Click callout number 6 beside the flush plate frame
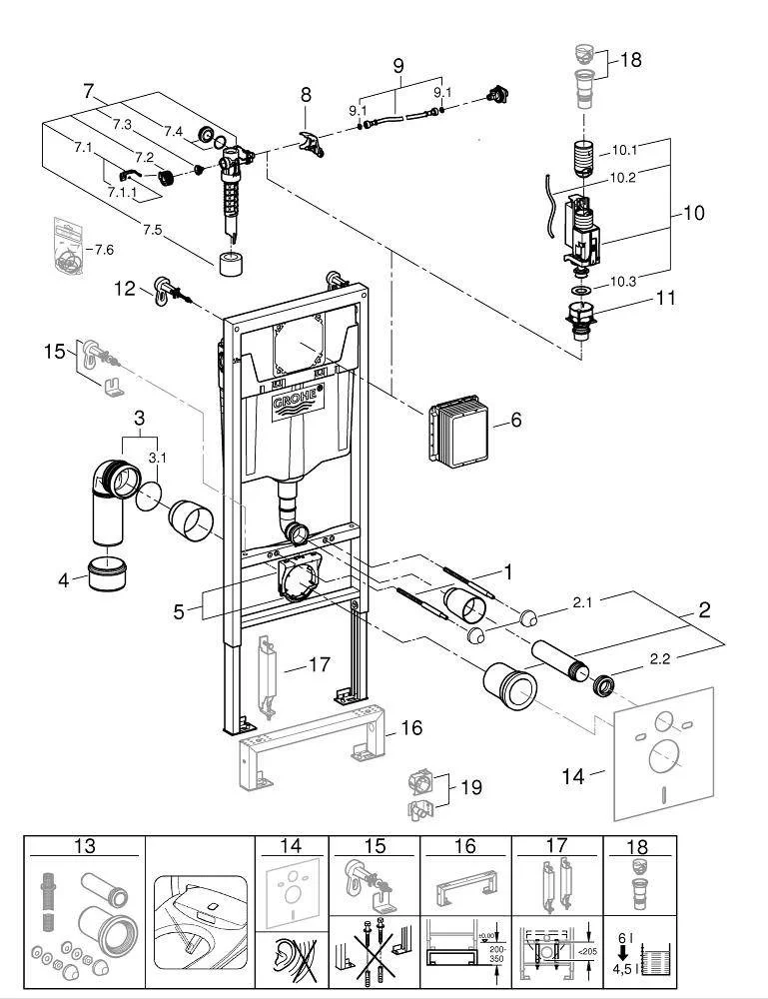[515, 421]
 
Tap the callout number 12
[124, 289]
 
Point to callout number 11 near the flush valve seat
[665, 298]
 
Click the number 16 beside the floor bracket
[411, 728]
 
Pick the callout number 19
[470, 788]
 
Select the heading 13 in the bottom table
[85, 847]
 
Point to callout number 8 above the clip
[307, 95]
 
